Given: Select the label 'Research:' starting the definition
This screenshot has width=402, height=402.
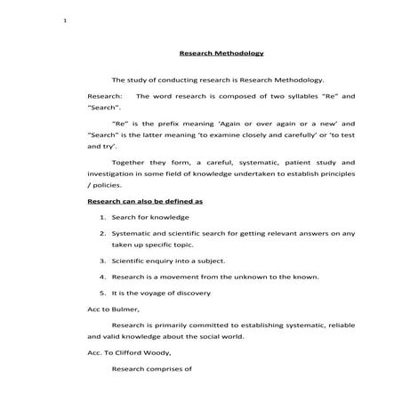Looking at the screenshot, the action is (105, 94).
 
